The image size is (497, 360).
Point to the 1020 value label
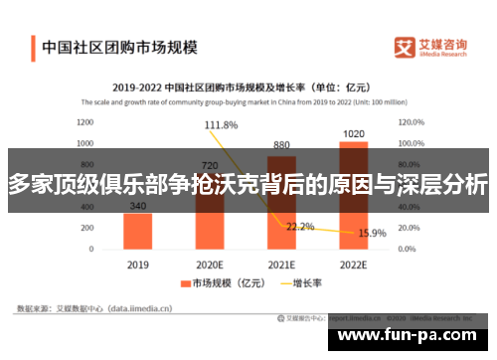pyautogui.click(x=353, y=132)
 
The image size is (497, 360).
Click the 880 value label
pyautogui.click(x=281, y=144)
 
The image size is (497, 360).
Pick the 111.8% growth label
pyautogui.click(x=221, y=125)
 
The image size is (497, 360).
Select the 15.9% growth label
pyautogui.click(x=372, y=233)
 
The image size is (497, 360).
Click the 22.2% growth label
pyautogui.click(x=300, y=227)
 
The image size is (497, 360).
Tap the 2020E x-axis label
pyautogui.click(x=210, y=266)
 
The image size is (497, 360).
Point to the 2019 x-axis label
pyautogui.click(x=138, y=266)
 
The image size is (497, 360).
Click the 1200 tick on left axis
pyautogui.click(x=84, y=122)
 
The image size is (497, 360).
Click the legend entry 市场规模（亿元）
pyautogui.click(x=220, y=283)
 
